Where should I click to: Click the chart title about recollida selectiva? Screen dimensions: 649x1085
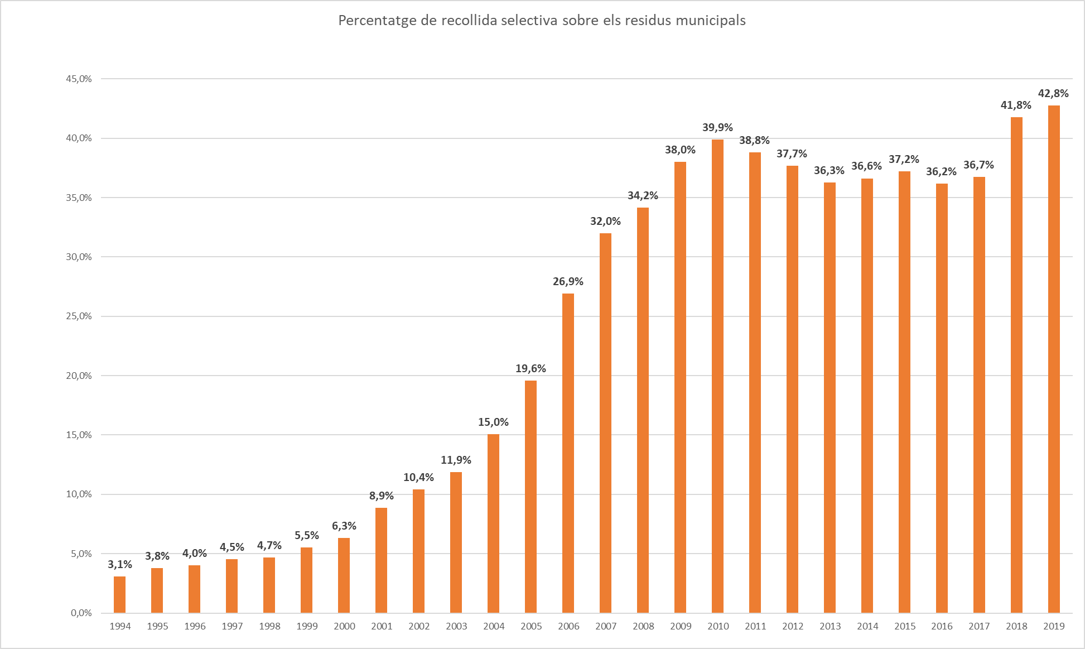[x=542, y=21]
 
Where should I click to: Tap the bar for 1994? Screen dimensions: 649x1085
[x=119, y=594]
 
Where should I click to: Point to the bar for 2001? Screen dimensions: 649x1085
[x=381, y=560]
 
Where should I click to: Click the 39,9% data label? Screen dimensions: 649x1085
[x=717, y=128]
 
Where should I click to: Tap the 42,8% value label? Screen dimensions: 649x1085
[x=1053, y=94]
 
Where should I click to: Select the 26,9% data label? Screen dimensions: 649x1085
[x=568, y=282]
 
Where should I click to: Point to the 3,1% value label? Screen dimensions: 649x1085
[x=119, y=565]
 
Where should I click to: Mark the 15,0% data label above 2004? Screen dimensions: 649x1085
[x=493, y=422]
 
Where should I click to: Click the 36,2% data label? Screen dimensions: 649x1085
[x=941, y=172]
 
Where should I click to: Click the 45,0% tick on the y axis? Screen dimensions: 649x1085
[x=79, y=79]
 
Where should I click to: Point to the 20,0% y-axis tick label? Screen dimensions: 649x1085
[x=79, y=376]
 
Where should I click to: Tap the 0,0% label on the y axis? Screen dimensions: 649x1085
[x=81, y=613]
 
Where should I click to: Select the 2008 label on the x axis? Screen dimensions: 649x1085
[x=643, y=626]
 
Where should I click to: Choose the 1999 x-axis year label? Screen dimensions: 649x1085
[x=307, y=626]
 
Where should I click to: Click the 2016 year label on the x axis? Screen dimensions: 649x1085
[x=942, y=626]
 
